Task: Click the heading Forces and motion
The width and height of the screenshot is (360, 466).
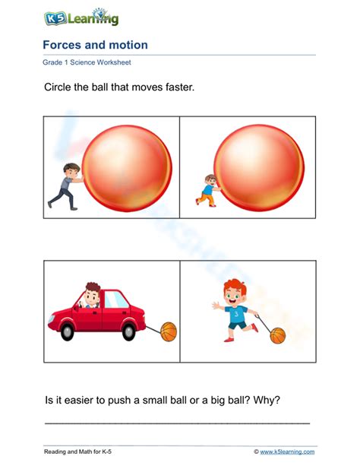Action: (x=95, y=46)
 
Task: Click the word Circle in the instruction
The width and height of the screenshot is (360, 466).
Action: (x=60, y=88)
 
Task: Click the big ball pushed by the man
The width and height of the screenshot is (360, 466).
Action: (x=125, y=167)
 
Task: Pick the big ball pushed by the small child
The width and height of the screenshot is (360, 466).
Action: (x=258, y=167)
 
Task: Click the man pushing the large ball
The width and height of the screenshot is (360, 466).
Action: (x=65, y=183)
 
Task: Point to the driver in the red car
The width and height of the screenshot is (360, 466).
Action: (x=93, y=296)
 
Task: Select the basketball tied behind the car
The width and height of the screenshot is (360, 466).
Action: (x=168, y=331)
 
